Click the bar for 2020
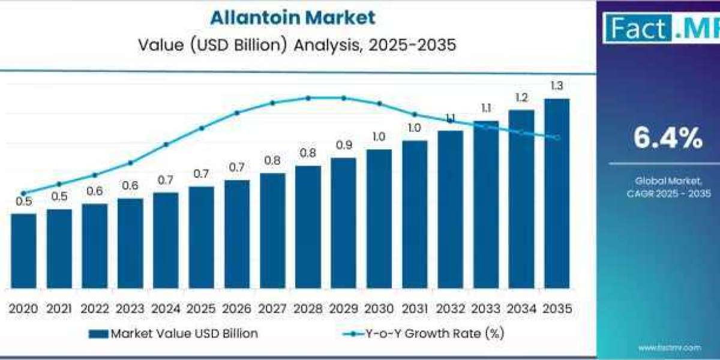coord(23,251)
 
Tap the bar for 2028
coord(308,227)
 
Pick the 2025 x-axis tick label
coord(201,308)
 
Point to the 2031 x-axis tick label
coord(415,308)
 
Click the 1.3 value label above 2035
coord(557,86)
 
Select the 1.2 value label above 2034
coord(521,97)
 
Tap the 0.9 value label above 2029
coord(343,145)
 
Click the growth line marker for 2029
coord(343,98)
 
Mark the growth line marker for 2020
coord(23,193)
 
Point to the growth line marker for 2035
coord(557,138)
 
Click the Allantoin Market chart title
coord(292,17)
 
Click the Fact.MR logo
coord(660,28)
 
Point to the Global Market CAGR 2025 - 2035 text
coord(660,187)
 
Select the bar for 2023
coord(130,243)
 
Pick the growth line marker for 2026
coord(237,113)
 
